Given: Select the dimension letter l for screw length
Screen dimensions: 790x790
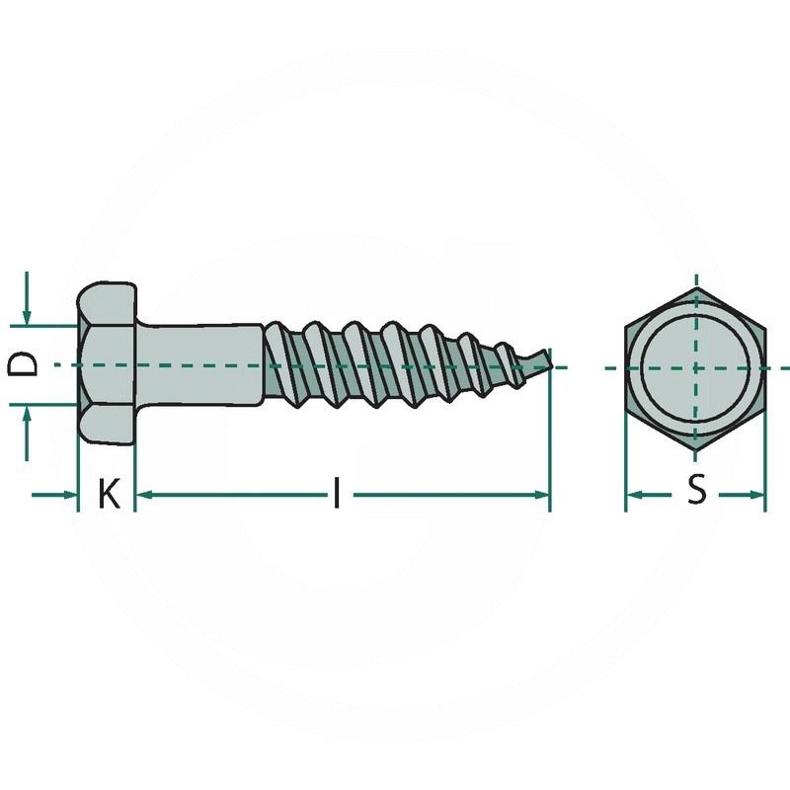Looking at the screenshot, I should (337, 493).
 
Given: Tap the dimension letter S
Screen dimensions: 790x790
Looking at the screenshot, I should (697, 490).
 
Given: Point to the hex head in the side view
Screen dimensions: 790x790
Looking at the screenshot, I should (107, 363).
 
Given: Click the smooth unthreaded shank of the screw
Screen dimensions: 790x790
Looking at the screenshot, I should (197, 363).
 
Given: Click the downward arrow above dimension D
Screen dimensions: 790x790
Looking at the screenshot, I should (27, 314).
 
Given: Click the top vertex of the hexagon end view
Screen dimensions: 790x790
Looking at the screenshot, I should (695, 288).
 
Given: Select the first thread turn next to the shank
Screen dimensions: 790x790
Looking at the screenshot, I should (281, 363).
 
